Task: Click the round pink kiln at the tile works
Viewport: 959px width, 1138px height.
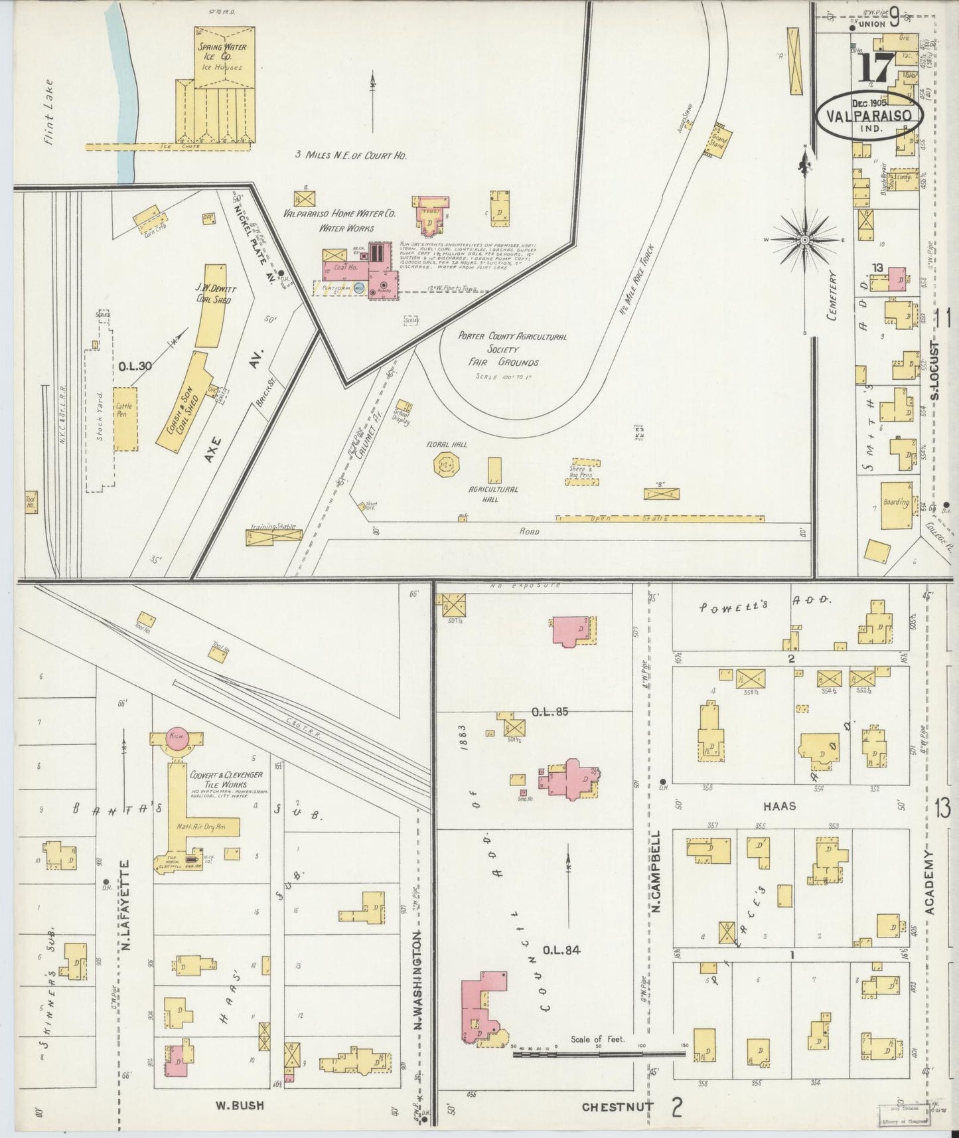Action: [176, 738]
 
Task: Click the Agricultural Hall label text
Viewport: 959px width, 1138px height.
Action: [492, 493]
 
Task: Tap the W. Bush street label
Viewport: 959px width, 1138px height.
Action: [239, 1105]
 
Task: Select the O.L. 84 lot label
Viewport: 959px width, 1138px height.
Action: [561, 951]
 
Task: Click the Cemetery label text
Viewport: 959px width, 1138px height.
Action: [834, 296]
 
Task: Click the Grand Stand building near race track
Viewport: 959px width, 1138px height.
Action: [718, 140]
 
